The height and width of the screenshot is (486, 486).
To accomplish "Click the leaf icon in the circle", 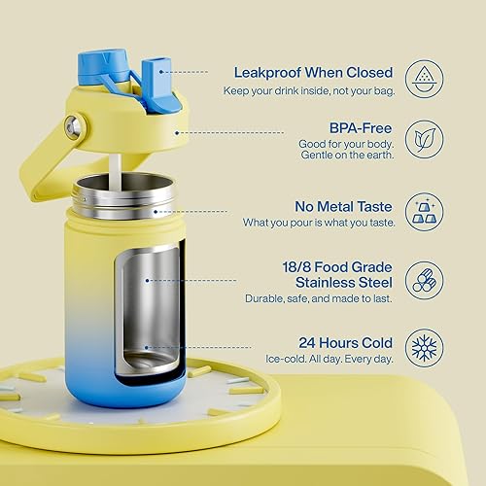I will [x=424, y=139].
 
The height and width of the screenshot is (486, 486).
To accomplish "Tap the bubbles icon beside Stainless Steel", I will [x=424, y=276].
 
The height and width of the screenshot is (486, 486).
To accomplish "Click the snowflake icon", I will [x=424, y=347].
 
